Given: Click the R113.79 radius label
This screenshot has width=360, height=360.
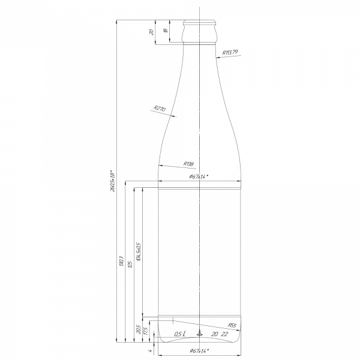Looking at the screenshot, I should pos(230,53).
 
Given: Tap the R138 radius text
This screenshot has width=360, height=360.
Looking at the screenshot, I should pos(188,163).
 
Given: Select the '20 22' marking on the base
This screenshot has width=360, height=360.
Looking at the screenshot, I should pos(220,334).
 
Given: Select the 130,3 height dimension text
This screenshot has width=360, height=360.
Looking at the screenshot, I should pos(122,264).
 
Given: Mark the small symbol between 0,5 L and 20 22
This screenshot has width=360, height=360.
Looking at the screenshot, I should pos(200,334).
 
